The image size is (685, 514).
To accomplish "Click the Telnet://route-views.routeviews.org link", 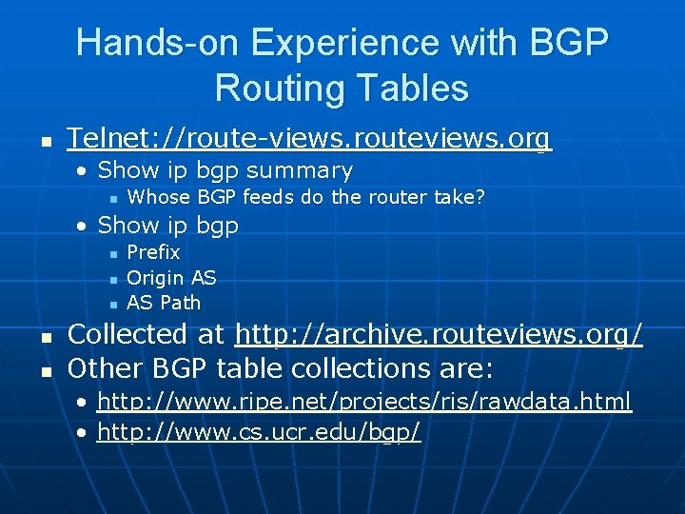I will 309,140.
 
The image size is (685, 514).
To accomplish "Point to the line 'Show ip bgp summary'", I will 225,171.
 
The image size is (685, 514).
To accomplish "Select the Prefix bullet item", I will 153,252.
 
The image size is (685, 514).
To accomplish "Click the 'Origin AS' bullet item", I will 171,278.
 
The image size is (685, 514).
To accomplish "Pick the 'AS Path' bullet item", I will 164,303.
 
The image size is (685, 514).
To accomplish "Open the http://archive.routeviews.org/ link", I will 439,335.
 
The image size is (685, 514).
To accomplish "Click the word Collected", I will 127,335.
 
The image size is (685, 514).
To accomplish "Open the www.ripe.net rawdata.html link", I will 364,402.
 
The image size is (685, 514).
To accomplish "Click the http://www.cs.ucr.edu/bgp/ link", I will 259,432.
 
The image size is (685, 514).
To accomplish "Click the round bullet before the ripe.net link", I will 85,402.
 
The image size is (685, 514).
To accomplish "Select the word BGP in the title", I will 565,43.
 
